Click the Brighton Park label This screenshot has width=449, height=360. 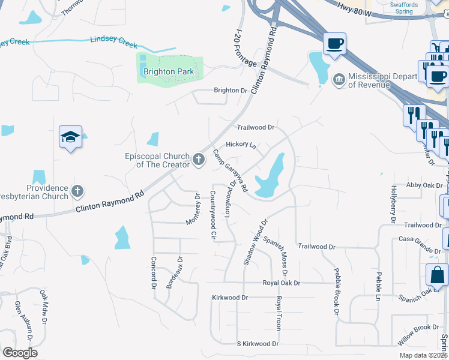(x=168, y=72)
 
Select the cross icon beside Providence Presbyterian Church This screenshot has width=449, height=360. (x=77, y=191)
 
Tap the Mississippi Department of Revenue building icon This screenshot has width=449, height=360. (x=340, y=79)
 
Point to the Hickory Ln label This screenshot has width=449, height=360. (x=241, y=145)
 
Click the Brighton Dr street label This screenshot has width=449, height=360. (x=231, y=91)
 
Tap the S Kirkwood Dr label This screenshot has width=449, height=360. (x=258, y=344)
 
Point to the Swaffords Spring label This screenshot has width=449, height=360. (x=403, y=8)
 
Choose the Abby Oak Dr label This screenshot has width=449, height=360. (x=424, y=185)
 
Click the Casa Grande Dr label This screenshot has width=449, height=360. (x=420, y=239)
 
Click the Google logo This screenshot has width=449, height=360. (x=20, y=352)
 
